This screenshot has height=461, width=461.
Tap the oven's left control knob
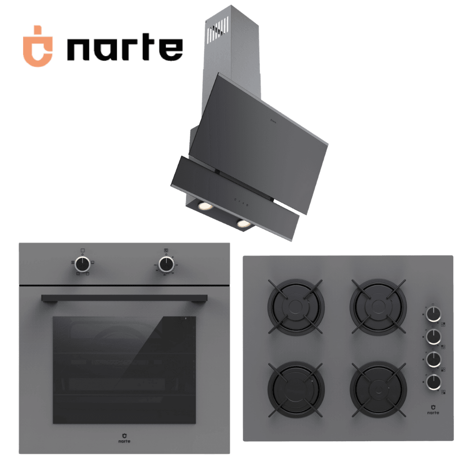pyautogui.click(x=83, y=264)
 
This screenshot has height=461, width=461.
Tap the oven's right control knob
pyautogui.click(x=166, y=264)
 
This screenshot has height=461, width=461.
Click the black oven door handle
pyautogui.click(x=124, y=298)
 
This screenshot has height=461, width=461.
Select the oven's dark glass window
pyautogui.click(x=124, y=370)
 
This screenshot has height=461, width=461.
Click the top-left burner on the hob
pyautogui.click(x=296, y=307)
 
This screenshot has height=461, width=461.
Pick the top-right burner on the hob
pyautogui.click(x=378, y=307)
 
